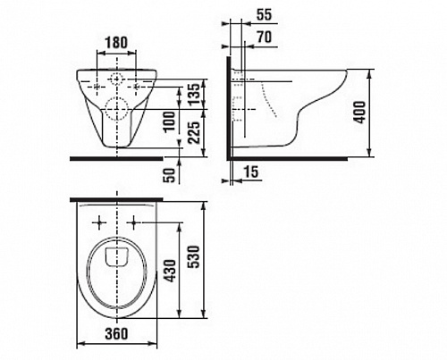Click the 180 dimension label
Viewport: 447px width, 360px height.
point(116,43)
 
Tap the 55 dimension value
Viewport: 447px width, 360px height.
point(265,15)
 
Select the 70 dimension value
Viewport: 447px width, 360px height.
point(265,38)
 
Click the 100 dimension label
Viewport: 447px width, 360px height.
point(170,121)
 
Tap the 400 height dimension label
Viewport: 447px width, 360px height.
point(360,113)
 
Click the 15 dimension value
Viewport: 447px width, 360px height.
point(251,172)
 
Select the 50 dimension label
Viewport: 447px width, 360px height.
point(170,175)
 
